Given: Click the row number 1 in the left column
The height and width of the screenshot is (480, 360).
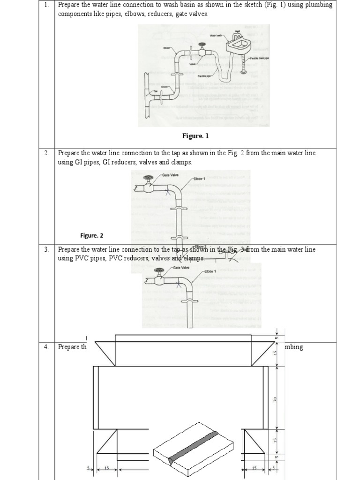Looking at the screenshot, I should [46, 5].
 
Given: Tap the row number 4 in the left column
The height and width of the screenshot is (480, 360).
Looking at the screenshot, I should [46, 347].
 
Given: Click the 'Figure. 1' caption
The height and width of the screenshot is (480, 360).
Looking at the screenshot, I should [195, 136].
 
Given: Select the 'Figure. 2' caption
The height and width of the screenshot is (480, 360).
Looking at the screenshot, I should [92, 235].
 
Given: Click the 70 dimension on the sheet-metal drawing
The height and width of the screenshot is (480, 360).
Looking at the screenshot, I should [276, 399].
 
